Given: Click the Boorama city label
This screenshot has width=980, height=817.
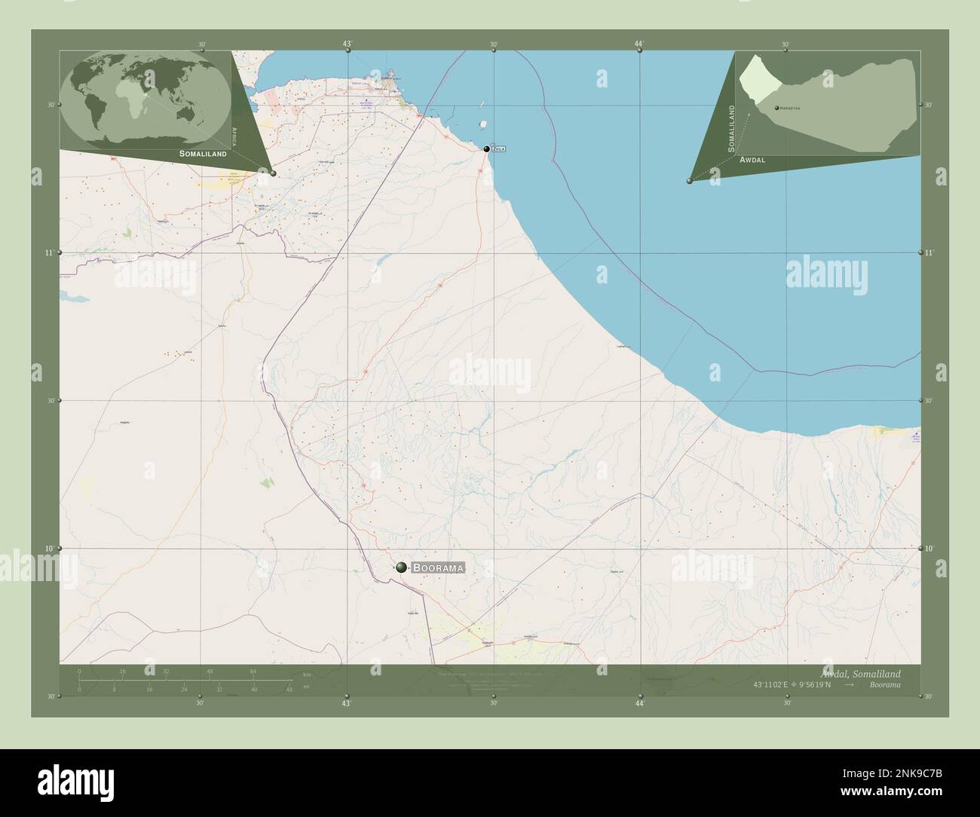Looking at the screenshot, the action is [438, 568].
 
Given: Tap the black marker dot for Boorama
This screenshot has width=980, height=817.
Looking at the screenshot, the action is [402, 568].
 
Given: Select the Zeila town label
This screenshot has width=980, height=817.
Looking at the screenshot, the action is [498, 149].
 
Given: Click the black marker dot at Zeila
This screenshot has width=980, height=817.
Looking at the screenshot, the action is [487, 149].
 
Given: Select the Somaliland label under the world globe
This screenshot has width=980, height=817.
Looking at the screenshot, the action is [203, 153].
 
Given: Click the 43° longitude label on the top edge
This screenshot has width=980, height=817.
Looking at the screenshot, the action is [347, 44].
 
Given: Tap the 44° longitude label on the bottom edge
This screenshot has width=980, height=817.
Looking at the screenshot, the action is [639, 703].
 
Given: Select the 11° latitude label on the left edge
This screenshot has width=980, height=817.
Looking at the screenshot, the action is [48, 253].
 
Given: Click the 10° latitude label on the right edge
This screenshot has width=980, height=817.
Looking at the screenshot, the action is [931, 549].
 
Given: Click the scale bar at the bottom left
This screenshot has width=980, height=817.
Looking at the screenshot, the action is [185, 680].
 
